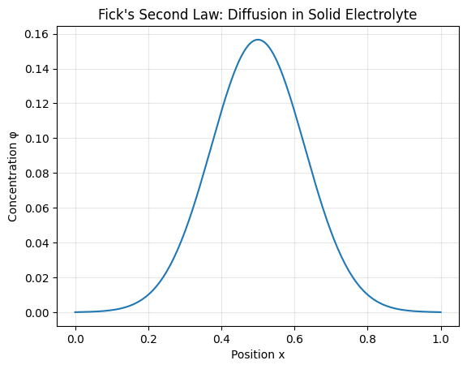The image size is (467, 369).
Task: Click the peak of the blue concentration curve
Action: [258, 40]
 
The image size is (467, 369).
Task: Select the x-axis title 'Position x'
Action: [258, 354]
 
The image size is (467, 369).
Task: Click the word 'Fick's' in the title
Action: [115, 15]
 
